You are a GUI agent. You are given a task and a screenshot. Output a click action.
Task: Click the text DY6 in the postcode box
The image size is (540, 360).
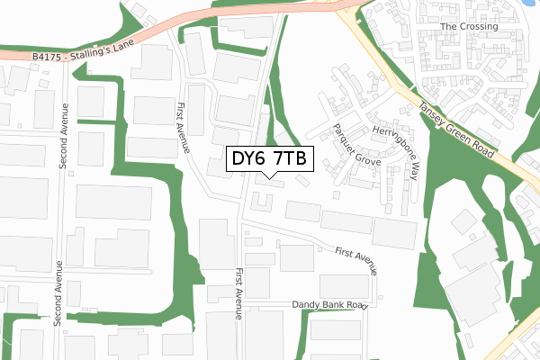pos(249,159)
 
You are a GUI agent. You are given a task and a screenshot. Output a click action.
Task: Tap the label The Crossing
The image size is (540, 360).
pos(469,27)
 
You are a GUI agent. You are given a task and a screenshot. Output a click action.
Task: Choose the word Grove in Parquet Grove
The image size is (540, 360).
pos(368,156)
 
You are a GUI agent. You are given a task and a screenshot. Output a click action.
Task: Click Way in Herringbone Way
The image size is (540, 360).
pos(411,169)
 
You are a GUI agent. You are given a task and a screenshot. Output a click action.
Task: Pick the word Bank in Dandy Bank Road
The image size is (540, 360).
pos(337,306)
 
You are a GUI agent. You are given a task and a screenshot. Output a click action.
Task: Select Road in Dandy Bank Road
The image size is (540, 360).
pos(358,306)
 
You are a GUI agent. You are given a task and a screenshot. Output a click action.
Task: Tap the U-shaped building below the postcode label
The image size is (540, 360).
pos(261,200)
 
